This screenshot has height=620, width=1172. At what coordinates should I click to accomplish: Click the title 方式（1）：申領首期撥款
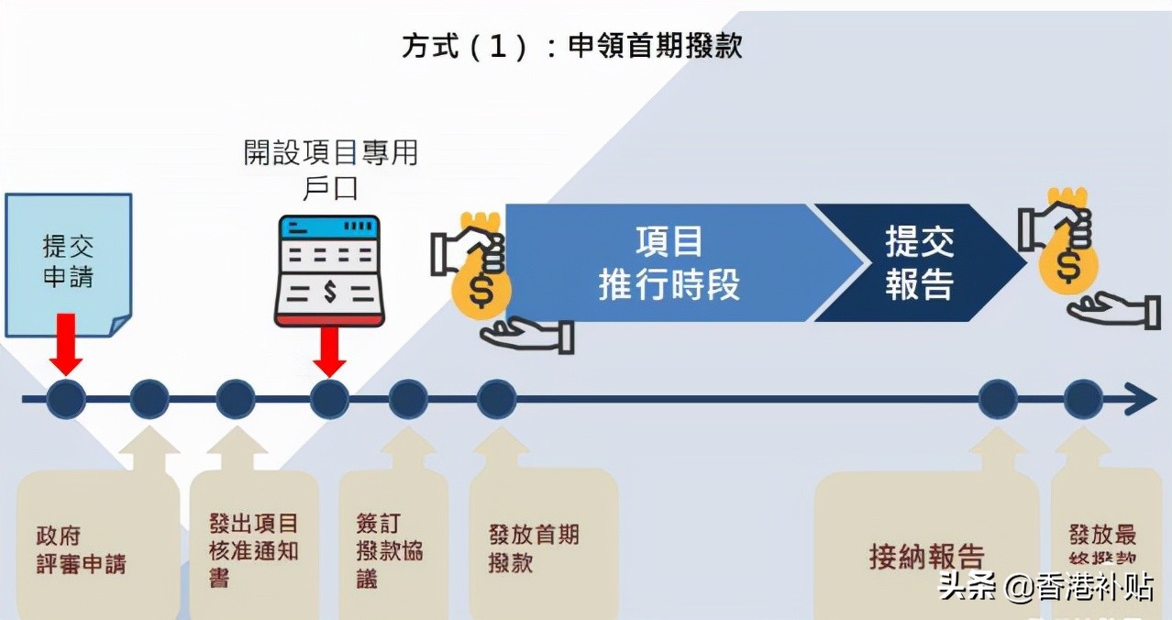[571, 46]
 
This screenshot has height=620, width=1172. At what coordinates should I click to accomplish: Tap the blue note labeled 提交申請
[68, 262]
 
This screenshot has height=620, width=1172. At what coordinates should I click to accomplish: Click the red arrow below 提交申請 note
[67, 343]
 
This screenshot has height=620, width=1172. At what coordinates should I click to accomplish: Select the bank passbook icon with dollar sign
[328, 271]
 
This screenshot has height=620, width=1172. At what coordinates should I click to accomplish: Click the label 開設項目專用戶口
[330, 169]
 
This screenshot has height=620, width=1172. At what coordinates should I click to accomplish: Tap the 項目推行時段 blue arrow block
[669, 263]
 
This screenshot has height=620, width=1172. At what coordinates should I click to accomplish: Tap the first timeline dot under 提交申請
[66, 400]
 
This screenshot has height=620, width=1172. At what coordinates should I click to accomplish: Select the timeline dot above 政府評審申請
[149, 400]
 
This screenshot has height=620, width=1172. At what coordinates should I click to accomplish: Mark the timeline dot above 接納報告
[998, 400]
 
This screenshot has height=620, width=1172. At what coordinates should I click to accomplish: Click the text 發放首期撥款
[534, 548]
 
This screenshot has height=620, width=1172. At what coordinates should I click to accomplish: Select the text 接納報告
[926, 557]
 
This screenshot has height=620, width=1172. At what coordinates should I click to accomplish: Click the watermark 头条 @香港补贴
[1045, 587]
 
